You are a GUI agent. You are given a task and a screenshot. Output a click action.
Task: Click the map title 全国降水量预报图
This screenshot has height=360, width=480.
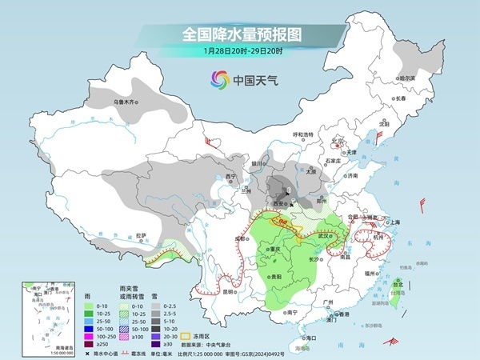[239, 34]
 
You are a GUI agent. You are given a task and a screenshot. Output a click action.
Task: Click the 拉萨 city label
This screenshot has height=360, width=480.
[141, 235]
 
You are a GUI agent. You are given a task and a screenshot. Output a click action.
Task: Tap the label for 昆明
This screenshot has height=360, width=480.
[230, 291]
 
